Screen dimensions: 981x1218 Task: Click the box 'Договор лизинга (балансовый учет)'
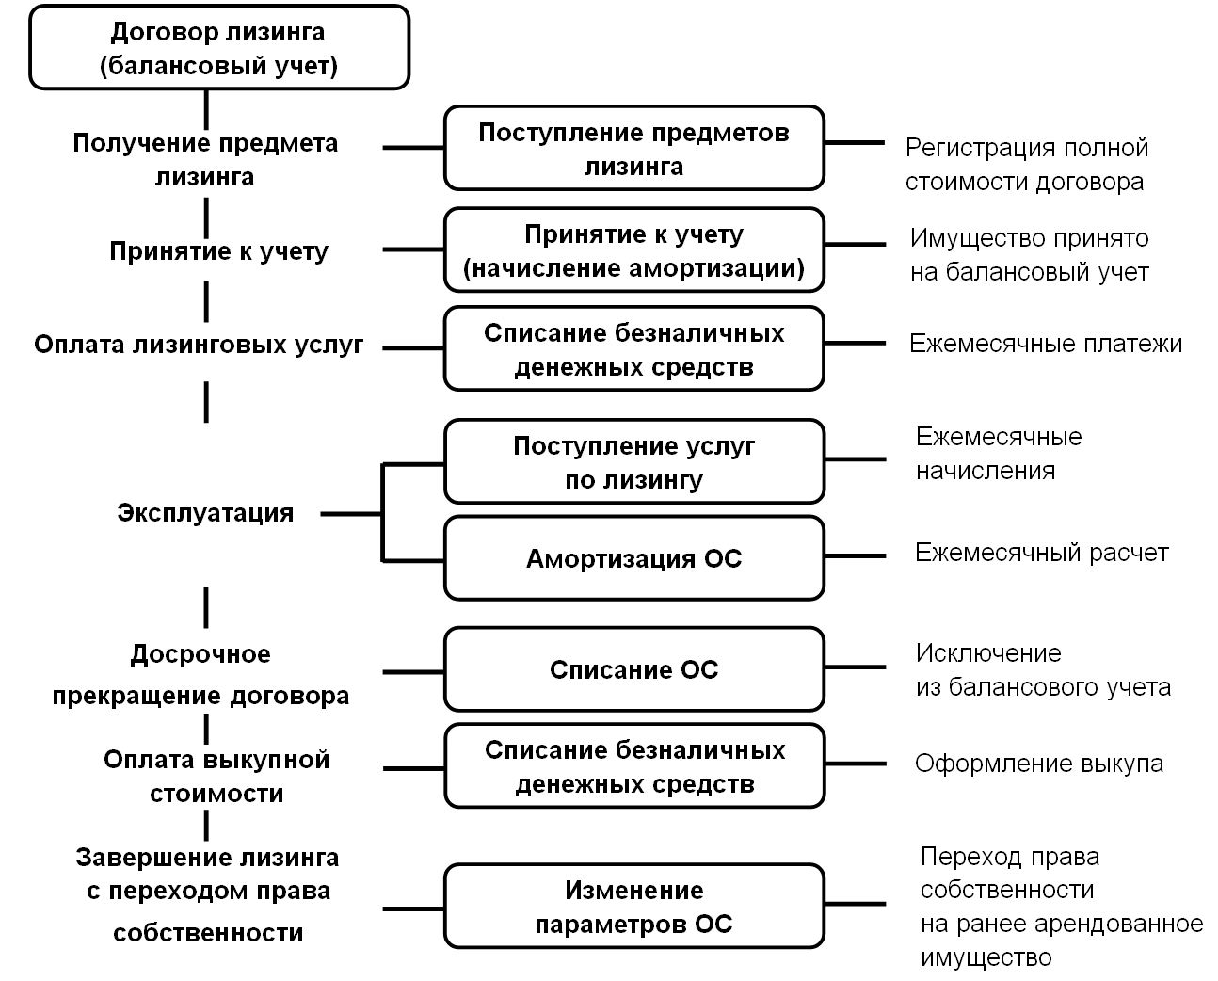click(219, 48)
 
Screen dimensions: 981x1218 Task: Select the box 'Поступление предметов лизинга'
click(633, 149)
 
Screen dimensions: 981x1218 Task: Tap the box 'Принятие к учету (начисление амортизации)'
click(633, 250)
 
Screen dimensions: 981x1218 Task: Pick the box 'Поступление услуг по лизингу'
click(633, 462)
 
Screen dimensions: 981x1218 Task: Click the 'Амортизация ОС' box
click(633, 558)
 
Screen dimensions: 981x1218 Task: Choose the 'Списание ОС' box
click(633, 669)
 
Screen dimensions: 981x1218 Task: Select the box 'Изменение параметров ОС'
click(633, 906)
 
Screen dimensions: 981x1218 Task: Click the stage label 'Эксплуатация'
click(205, 513)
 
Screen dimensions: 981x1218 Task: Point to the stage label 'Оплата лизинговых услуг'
click(199, 345)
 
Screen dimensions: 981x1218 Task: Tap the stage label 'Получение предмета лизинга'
click(205, 160)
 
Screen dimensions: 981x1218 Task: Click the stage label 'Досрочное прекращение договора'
click(200, 675)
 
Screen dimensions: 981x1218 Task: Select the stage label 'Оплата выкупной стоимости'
click(216, 776)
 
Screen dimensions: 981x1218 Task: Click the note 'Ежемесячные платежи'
click(1045, 344)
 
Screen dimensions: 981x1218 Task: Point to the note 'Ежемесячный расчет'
click(1041, 553)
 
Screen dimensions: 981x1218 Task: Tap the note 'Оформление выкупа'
click(1038, 764)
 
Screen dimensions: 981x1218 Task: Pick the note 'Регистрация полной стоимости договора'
click(1026, 164)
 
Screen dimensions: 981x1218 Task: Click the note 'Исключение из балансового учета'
click(1043, 670)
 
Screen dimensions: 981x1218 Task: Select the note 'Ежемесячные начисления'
click(998, 453)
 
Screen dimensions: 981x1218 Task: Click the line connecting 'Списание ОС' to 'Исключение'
click(855, 667)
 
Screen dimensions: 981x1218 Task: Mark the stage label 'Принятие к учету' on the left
click(218, 251)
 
